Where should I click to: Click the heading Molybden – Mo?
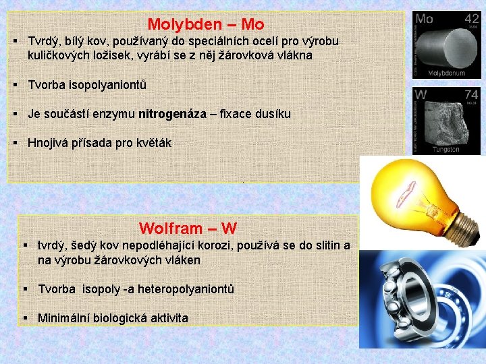[x=205, y=25]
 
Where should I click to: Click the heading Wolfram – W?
[x=188, y=229]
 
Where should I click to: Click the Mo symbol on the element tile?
[x=425, y=19]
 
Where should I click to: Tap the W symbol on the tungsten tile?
[x=421, y=95]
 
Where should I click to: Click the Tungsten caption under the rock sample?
[x=446, y=149]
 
